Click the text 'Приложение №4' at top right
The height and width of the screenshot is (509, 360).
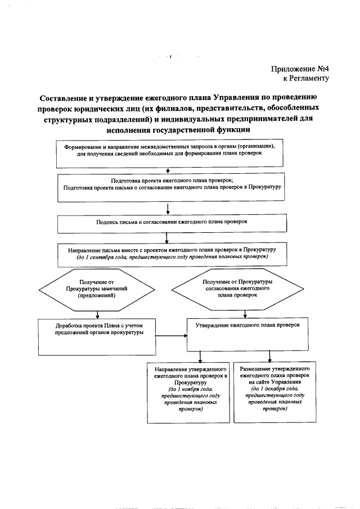tap(300, 69)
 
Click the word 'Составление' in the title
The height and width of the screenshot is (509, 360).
tap(66, 96)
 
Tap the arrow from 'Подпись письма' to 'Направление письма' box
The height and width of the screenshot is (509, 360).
tap(169, 237)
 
